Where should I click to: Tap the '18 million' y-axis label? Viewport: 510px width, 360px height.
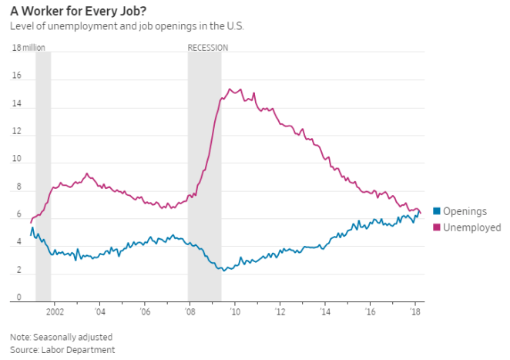(x=29, y=47)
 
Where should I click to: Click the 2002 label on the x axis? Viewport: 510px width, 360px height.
(x=54, y=312)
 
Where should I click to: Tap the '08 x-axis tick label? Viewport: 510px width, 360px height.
(x=190, y=312)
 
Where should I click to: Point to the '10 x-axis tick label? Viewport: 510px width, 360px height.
(x=235, y=312)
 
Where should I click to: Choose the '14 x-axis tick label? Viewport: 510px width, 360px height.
(x=325, y=312)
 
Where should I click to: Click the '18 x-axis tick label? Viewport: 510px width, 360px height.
(x=415, y=312)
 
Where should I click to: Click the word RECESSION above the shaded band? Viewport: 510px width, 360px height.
(x=208, y=47)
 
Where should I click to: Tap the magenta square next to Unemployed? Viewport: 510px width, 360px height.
(x=436, y=227)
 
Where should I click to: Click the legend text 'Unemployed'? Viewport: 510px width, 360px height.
(x=471, y=227)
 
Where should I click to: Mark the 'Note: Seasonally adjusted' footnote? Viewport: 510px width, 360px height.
(x=61, y=337)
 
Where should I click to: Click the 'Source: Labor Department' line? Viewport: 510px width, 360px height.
(x=62, y=350)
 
